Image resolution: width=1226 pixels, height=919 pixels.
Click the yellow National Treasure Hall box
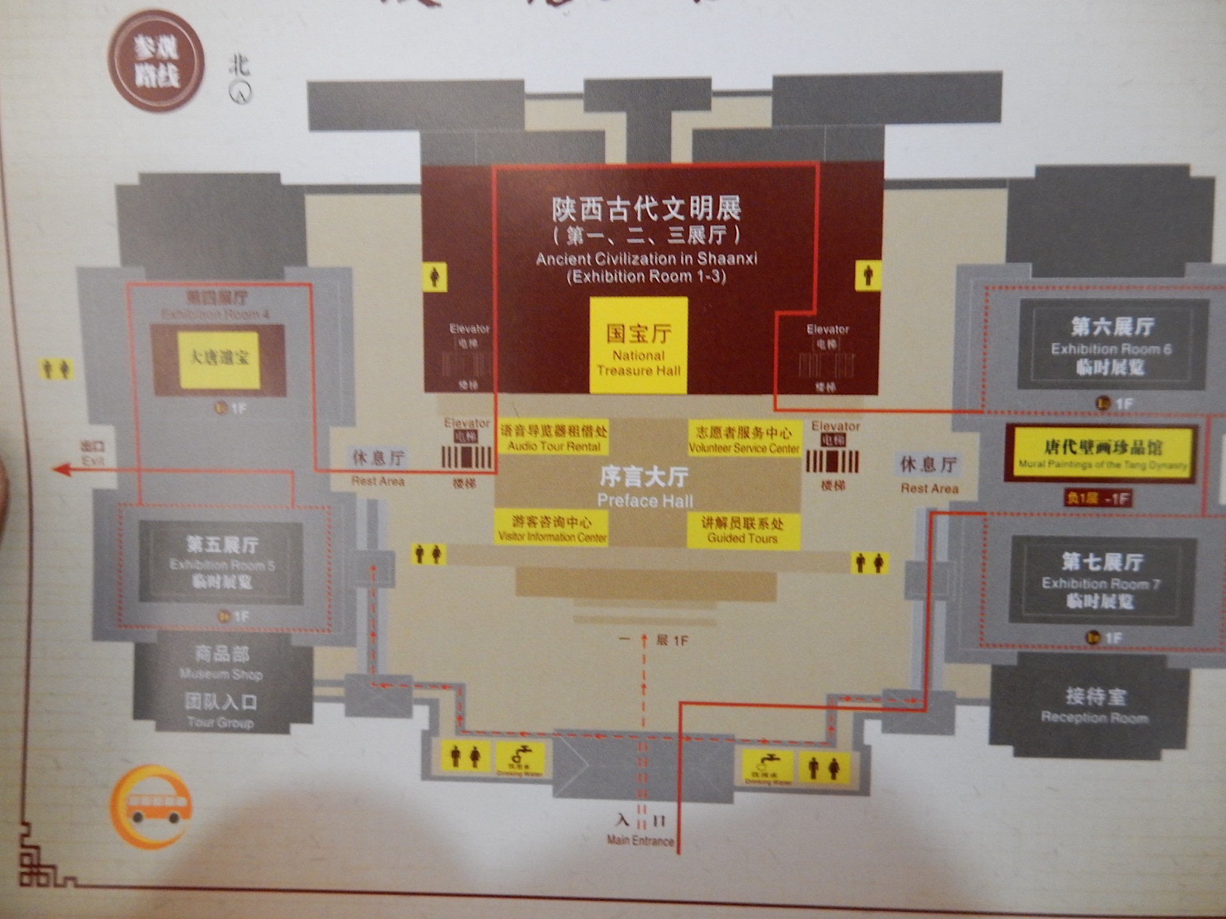pyautogui.click(x=638, y=345)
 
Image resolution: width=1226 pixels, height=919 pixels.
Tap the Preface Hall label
pyautogui.click(x=644, y=488)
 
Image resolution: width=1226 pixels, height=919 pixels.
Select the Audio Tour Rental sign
pyautogui.click(x=554, y=438)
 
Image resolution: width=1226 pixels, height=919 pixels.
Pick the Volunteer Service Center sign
pyautogui.click(x=744, y=440)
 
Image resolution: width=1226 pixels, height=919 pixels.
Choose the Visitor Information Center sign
pyautogui.click(x=552, y=529)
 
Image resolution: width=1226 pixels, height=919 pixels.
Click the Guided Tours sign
pyautogui.click(x=743, y=530)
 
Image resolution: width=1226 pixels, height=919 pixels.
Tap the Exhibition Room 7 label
pyautogui.click(x=1101, y=581)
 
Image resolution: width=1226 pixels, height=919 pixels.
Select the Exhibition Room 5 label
pyautogui.click(x=222, y=562)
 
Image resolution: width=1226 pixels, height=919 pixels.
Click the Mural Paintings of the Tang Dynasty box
pyautogui.click(x=1102, y=454)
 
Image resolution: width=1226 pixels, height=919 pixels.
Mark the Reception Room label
pyautogui.click(x=1094, y=706)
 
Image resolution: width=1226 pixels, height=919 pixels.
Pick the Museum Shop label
pyautogui.click(x=221, y=662)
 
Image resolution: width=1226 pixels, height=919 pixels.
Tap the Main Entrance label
pyautogui.click(x=640, y=840)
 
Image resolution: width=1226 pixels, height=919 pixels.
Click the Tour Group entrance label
pyautogui.click(x=220, y=711)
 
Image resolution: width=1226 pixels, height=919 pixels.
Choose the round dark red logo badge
pyautogui.click(x=156, y=62)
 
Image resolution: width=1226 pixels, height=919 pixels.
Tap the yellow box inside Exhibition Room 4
pyautogui.click(x=219, y=360)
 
